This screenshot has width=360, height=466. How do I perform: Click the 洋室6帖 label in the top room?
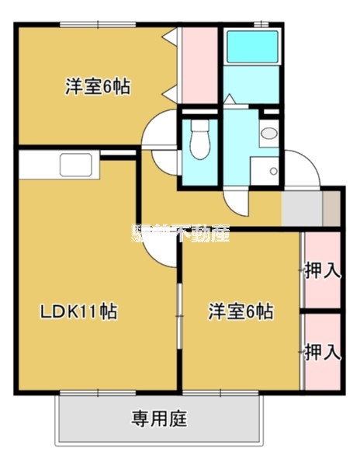pos(97,86)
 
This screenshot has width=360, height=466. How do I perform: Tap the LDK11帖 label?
pos(80,312)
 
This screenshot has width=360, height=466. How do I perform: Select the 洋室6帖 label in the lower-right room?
pos(240,312)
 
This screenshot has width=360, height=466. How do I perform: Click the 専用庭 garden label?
pos(159,420)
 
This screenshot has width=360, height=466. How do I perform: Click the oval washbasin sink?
pos(269,134)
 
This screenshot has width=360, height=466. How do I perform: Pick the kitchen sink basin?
pos(76,165)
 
